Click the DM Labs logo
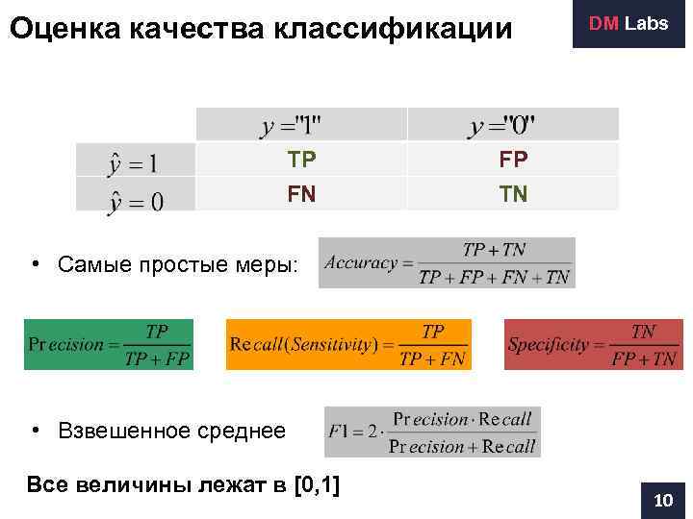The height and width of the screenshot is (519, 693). click(x=629, y=23)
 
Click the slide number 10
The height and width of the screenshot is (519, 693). click(x=662, y=501)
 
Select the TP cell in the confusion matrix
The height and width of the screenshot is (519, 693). click(x=301, y=160)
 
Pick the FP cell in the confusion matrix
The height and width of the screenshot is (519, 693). click(x=513, y=160)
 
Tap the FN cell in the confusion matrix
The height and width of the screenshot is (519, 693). click(x=301, y=194)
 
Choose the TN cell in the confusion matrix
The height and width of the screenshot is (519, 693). click(x=513, y=194)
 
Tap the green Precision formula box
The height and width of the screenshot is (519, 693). click(x=109, y=344)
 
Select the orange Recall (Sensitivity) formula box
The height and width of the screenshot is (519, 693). click(x=348, y=344)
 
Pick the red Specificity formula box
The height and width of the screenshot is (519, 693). click(x=593, y=344)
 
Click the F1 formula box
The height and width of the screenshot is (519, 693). click(x=432, y=432)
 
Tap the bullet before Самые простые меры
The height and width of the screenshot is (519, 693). click(x=33, y=263)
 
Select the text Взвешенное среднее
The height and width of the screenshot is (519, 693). click(x=171, y=431)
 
